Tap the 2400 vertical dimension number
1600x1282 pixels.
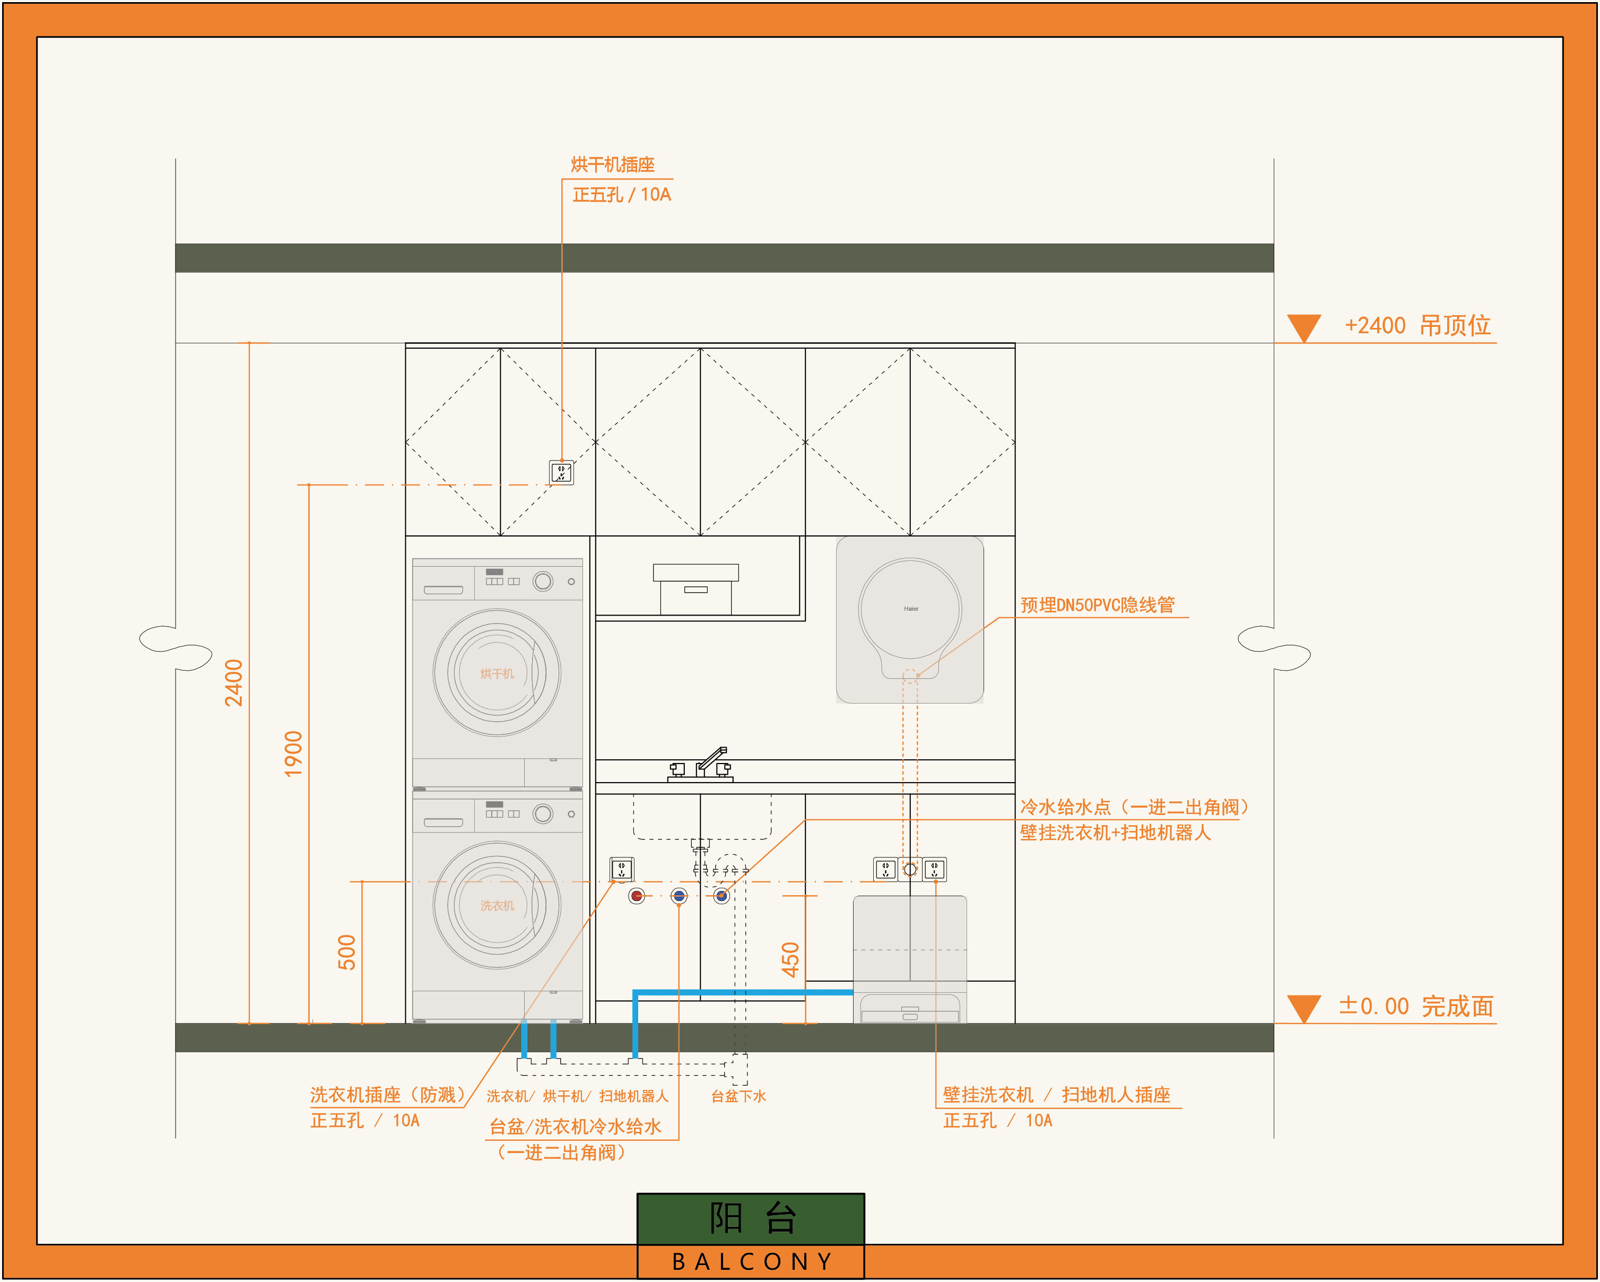(x=234, y=683)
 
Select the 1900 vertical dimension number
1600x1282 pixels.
(x=294, y=754)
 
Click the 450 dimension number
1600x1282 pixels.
(x=790, y=960)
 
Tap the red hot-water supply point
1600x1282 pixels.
(x=637, y=896)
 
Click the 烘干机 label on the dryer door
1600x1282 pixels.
(x=497, y=673)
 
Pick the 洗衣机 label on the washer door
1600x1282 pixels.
(x=497, y=906)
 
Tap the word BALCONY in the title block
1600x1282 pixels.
(x=752, y=1261)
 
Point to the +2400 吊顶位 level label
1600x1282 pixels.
(x=1418, y=325)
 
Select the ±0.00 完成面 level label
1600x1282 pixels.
(x=1416, y=1007)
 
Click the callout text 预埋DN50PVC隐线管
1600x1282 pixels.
(x=1097, y=605)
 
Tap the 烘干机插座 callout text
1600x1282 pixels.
(x=612, y=165)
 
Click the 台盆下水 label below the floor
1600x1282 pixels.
(x=738, y=1096)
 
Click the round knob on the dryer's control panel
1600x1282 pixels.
(x=543, y=581)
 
